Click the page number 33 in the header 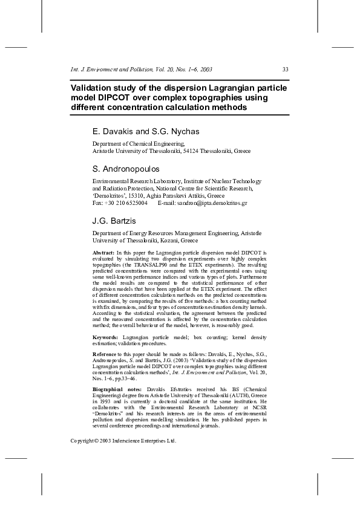(286, 70)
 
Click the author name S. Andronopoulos (126, 168)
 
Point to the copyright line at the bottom (123, 441)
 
